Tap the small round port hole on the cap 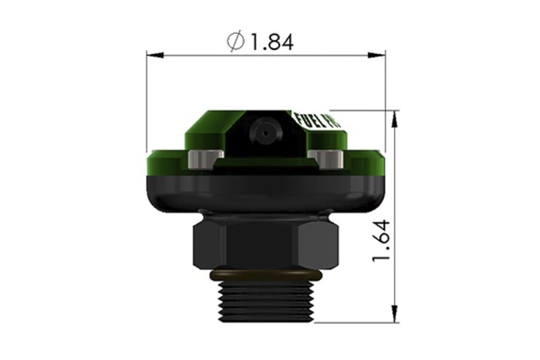click(265, 134)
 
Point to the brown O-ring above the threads click(265, 274)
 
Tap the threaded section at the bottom click(265, 301)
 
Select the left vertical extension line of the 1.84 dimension click(147, 100)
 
